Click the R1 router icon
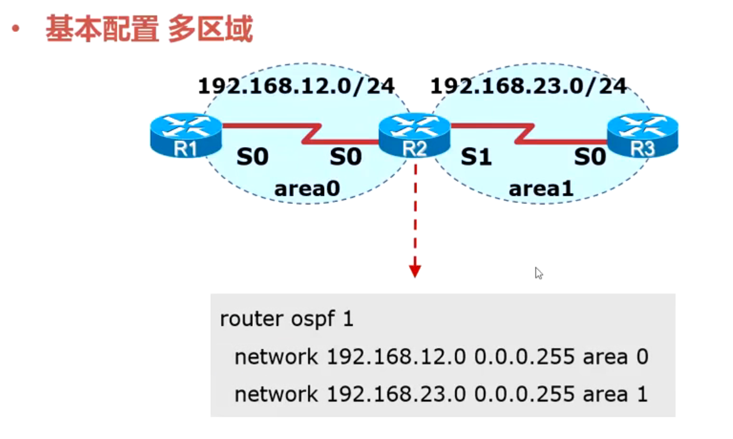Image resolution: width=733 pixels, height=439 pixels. coord(186,135)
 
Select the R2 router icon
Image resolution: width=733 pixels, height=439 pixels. coord(414,135)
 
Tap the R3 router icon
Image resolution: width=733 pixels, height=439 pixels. coord(642,135)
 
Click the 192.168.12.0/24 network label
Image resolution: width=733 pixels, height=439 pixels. coord(296,86)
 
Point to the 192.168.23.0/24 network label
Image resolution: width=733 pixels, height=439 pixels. coord(528,86)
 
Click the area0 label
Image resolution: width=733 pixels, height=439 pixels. coord(307,188)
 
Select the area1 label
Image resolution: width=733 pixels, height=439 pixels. coord(541,188)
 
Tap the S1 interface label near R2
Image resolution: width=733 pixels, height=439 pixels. coord(476,157)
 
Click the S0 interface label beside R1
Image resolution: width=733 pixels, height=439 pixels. coord(252,157)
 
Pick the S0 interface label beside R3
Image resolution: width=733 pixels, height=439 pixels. coord(590,157)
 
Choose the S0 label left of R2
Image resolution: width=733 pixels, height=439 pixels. coord(346,157)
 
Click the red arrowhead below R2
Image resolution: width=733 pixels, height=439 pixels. coord(415,271)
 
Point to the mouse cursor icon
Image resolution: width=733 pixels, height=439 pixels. coord(539,273)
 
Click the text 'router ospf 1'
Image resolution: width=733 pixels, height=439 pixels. coord(286,319)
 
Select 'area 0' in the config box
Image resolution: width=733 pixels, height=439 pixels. coord(615,357)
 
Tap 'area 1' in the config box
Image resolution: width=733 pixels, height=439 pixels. coord(615,394)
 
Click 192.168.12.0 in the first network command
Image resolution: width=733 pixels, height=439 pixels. coord(396,357)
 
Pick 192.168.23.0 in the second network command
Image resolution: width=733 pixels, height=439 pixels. coord(396,394)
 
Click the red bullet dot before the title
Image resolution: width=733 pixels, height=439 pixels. coord(16,29)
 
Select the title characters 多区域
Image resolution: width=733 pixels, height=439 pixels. coord(210,29)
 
